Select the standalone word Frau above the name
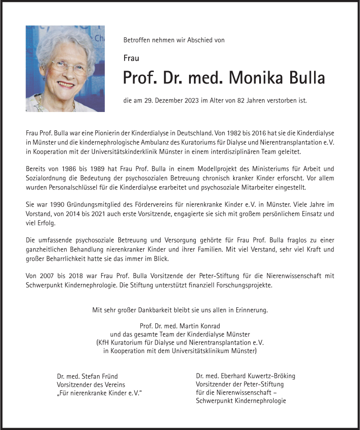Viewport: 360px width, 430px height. point(131,58)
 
